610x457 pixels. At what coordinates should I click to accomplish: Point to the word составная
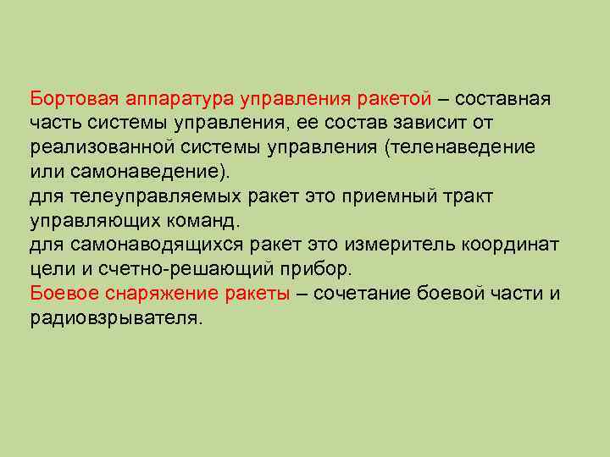point(508,99)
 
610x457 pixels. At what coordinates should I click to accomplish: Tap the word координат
point(511,246)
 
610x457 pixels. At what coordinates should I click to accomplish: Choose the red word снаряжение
point(164,295)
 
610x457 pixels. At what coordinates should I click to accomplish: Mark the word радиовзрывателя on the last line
point(115,320)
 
